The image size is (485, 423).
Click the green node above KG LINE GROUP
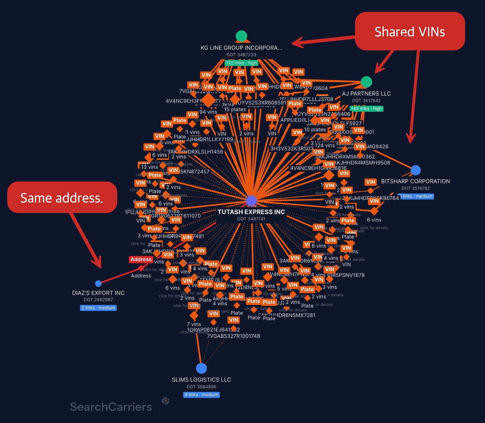pos(241,36)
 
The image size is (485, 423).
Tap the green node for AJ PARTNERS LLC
pos(366,82)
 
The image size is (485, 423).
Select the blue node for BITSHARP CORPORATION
pos(415,170)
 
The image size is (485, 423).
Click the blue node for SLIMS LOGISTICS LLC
pos(201,368)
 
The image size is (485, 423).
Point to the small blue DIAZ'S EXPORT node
pos(98,284)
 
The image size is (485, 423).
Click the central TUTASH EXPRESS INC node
pos(251,200)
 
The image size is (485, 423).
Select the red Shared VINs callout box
pos(410,31)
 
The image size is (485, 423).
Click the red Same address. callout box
pos(62,197)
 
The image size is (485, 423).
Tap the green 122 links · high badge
pos(241,63)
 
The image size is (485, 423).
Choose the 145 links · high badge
pos(366,108)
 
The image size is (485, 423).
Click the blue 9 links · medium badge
pos(202,395)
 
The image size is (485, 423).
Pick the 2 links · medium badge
pos(98,308)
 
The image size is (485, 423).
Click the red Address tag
pos(141,259)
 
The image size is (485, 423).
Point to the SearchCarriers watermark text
pos(111,407)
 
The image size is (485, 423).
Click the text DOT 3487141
pos(251,219)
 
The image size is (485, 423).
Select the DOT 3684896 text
pos(201,387)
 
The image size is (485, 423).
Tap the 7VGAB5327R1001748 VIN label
pos(234,336)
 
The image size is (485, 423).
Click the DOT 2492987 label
pos(98,300)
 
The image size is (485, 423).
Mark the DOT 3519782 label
pos(415,188)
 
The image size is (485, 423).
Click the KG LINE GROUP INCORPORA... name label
pos(241,48)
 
